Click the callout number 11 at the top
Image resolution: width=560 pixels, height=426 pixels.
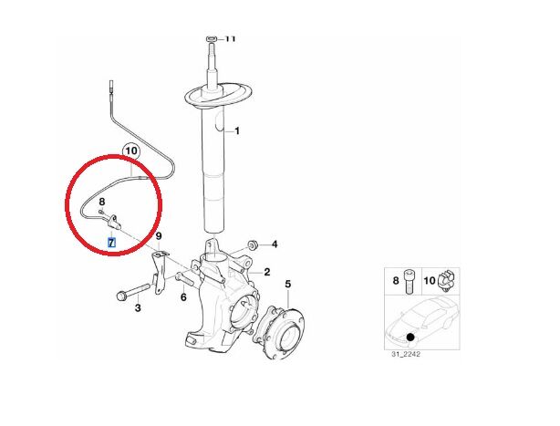tap(231, 38)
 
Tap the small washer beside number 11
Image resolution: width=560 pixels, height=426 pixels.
tap(211, 38)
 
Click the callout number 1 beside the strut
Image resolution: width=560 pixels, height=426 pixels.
tap(237, 131)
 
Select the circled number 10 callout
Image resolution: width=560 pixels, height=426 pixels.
tap(131, 151)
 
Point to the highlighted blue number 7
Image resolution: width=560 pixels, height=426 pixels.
tap(112, 243)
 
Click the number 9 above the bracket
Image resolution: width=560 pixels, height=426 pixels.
tap(159, 236)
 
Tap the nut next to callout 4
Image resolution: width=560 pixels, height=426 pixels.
tap(254, 245)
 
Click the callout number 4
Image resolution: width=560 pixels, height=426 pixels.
tap(275, 244)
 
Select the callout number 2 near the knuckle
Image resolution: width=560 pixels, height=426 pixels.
tap(267, 272)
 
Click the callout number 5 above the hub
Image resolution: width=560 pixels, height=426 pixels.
tap(288, 285)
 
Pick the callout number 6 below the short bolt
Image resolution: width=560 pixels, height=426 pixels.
tap(183, 297)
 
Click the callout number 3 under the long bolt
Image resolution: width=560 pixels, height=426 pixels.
tap(138, 307)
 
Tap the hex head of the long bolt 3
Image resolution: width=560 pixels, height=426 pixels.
tap(121, 296)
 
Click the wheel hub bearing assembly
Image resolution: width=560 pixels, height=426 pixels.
tap(279, 332)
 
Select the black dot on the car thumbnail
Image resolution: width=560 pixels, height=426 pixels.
tap(410, 337)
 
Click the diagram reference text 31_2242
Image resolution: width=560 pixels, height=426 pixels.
tap(406, 354)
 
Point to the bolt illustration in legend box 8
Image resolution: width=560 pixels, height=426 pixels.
tap(409, 281)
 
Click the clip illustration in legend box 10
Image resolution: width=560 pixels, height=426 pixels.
tap(446, 280)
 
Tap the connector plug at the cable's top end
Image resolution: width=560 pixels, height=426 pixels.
tap(110, 87)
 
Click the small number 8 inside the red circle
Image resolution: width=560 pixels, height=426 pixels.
tap(101, 203)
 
